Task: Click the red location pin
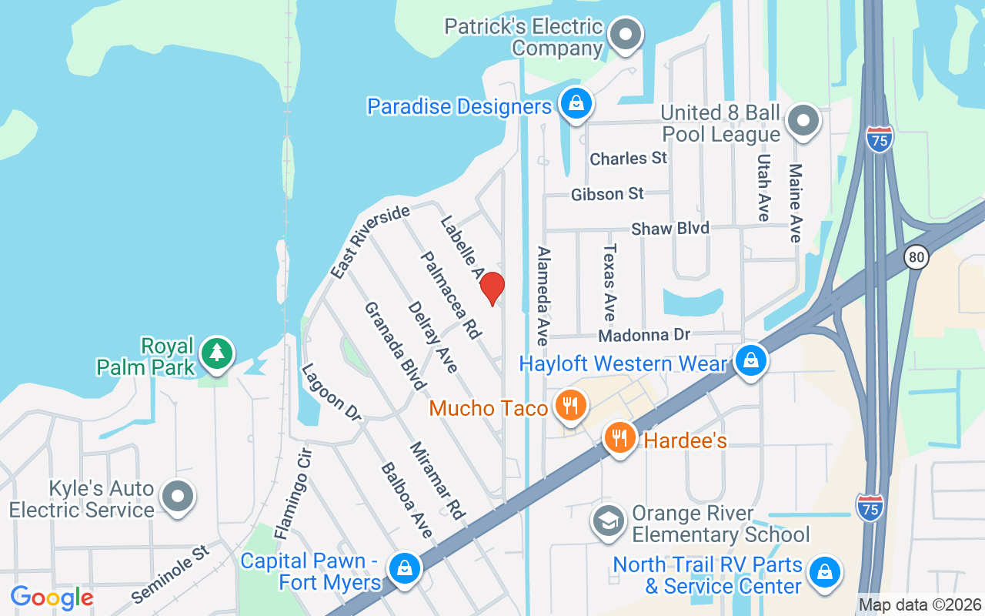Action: [x=492, y=288]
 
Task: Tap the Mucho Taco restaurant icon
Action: [x=569, y=406]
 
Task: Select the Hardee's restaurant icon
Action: [x=619, y=437]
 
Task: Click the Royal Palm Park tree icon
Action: [x=217, y=354]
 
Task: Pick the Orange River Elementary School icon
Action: [x=608, y=521]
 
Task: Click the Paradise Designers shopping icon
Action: [x=575, y=103]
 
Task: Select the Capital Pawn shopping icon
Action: [x=402, y=569]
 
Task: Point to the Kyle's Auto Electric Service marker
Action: [x=179, y=497]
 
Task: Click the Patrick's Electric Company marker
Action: [x=626, y=35]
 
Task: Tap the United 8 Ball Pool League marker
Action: [x=803, y=121]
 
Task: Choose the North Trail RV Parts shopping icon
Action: [x=824, y=574]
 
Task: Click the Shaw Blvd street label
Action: [x=670, y=229]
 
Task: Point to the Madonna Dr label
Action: [x=645, y=336]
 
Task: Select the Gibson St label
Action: [x=607, y=194]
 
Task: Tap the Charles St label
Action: [x=628, y=159]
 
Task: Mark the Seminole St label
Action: [x=170, y=574]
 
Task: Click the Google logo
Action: [x=52, y=598]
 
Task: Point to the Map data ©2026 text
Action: [x=920, y=604]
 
